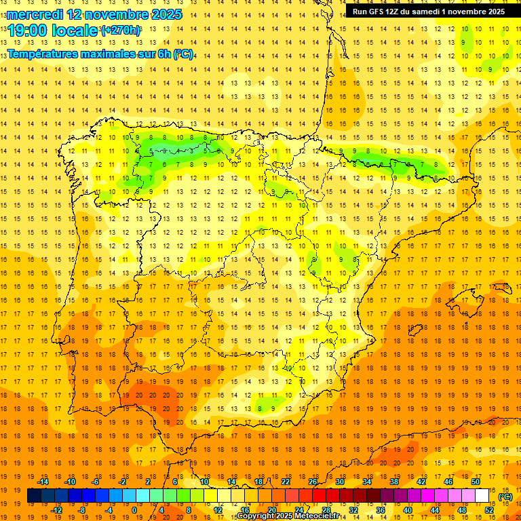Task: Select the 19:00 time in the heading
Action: coord(28,31)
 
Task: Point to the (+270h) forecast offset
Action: coord(121,31)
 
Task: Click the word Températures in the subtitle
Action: coord(44,54)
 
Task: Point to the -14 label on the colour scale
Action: coord(43,482)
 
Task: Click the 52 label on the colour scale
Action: coord(489,509)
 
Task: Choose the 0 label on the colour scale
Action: coord(135,509)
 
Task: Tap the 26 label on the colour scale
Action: coord(313,482)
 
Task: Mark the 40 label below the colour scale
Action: coord(408,509)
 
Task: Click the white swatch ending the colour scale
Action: coord(482,495)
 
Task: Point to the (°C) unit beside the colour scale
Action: coord(505,496)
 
